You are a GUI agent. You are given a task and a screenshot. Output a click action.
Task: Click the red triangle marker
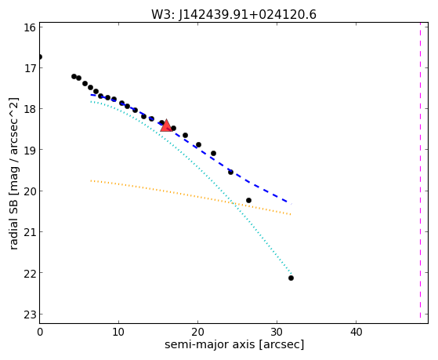coord(166,125)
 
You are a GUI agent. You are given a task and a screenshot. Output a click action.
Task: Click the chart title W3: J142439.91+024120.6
coord(233,15)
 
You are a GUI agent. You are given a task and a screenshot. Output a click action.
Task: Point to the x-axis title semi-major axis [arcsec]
coord(234,344)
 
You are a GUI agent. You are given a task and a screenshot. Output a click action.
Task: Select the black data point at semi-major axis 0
coord(40,57)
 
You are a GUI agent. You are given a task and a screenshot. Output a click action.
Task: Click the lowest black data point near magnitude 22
coord(291,278)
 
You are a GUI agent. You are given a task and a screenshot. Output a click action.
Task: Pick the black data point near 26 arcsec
coord(248,200)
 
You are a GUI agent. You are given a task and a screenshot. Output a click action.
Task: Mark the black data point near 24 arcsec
coord(230,172)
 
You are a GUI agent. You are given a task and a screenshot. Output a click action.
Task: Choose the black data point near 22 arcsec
coord(213,153)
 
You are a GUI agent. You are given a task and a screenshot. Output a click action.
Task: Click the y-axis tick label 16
coord(30,27)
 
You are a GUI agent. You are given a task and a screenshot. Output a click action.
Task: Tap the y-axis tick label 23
coord(30,315)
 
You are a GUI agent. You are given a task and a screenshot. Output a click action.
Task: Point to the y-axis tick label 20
coord(30,191)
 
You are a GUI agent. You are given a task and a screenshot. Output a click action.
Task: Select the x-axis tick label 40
coord(356,332)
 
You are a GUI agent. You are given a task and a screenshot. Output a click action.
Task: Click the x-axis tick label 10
coord(119,332)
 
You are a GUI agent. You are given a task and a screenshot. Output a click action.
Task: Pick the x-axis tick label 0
coord(40,332)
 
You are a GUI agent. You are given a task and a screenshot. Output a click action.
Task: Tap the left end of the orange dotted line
coord(91,180)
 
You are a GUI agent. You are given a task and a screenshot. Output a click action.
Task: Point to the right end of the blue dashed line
coord(291,204)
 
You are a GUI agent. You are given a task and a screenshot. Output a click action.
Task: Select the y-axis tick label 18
coord(30,109)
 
